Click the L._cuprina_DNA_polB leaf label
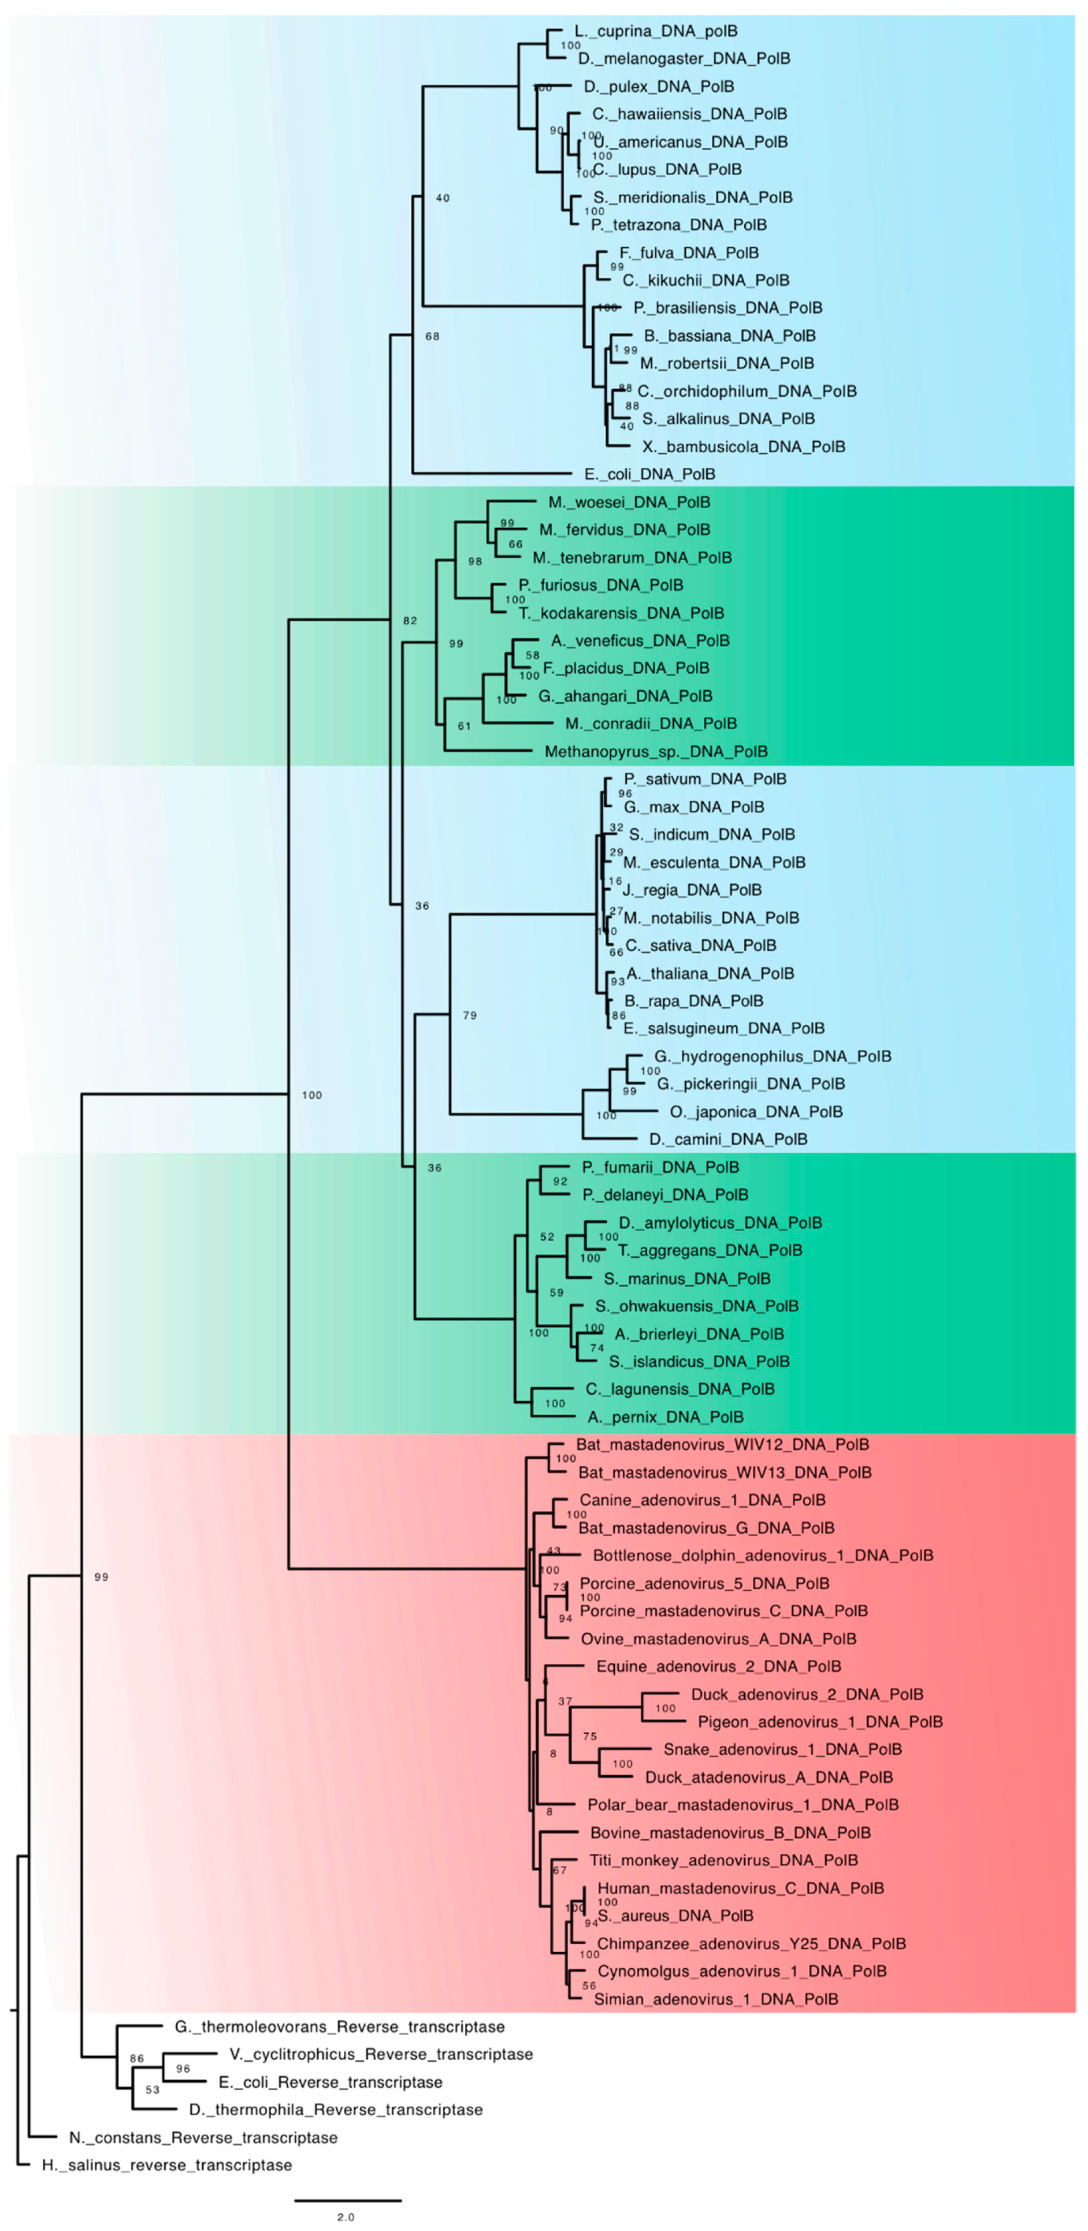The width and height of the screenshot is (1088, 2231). tap(656, 31)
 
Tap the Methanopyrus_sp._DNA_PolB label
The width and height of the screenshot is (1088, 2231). tap(656, 752)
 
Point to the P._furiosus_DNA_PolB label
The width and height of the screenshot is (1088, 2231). tap(601, 586)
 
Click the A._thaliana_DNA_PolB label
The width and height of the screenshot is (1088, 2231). tap(710, 974)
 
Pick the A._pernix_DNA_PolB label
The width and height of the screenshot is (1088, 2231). tap(665, 1417)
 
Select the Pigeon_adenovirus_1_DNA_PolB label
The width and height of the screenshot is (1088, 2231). tap(820, 1722)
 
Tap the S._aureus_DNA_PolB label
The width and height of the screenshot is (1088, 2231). tap(675, 1916)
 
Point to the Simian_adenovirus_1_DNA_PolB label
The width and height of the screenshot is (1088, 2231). tap(715, 1999)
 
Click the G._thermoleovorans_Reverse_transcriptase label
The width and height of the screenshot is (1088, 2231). tap(340, 2027)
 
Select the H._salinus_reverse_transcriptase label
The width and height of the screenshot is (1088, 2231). tap(167, 2165)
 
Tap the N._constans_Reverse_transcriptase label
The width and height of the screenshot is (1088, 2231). tap(203, 2137)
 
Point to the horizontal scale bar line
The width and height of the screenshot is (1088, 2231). tap(347, 2200)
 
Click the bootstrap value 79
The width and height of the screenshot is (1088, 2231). tap(470, 1015)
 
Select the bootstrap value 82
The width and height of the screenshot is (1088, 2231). tap(410, 620)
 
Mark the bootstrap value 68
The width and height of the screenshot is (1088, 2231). tap(432, 336)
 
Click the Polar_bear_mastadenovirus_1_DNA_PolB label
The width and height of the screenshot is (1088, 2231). tap(743, 1805)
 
